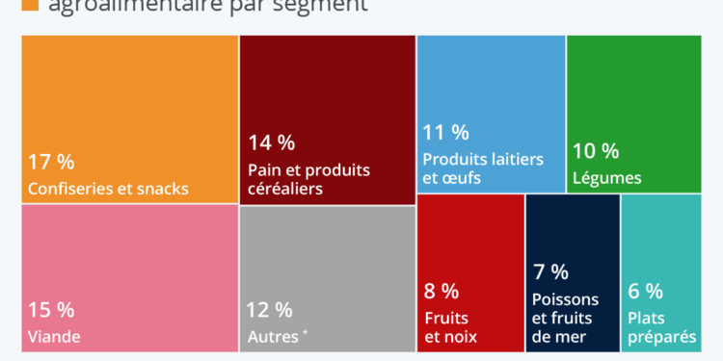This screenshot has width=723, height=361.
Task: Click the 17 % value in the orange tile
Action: (51, 162)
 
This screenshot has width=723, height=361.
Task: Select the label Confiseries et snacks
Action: (108, 188)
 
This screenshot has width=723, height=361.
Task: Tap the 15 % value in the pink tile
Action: (51, 310)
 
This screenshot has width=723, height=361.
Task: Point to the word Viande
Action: (54, 337)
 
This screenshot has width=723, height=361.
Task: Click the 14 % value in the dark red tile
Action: (271, 143)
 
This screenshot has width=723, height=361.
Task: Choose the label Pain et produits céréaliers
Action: (308, 179)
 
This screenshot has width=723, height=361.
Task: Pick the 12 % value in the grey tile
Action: (270, 310)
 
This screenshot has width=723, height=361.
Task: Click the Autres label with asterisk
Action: (278, 337)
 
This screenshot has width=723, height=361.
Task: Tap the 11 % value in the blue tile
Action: (445, 132)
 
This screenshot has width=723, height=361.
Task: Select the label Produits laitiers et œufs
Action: (482, 168)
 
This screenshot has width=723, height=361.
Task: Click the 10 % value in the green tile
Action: (596, 151)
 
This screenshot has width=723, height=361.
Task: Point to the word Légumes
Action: (606, 178)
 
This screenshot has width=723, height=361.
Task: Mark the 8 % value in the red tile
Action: (442, 291)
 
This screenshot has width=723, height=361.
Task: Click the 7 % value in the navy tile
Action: (550, 272)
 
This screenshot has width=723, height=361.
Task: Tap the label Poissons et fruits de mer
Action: (565, 318)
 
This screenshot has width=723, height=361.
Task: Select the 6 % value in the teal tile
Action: (645, 291)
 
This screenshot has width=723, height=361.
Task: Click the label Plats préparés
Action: (661, 327)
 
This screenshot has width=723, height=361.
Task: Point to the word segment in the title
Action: (319, 6)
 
